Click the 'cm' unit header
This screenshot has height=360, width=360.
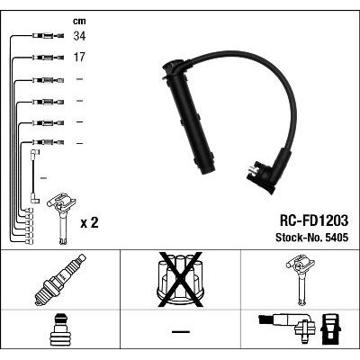coord(79,21)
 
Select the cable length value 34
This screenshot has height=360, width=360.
coord(79,36)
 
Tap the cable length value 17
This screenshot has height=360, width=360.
coord(79,57)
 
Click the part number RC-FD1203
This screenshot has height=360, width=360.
coord(314,220)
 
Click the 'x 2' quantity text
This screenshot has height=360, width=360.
coord(89,223)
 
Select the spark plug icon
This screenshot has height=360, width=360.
coord(60,279)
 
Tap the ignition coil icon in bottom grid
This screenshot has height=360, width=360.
coord(301,280)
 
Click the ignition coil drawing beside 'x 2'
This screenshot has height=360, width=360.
coord(61,218)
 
